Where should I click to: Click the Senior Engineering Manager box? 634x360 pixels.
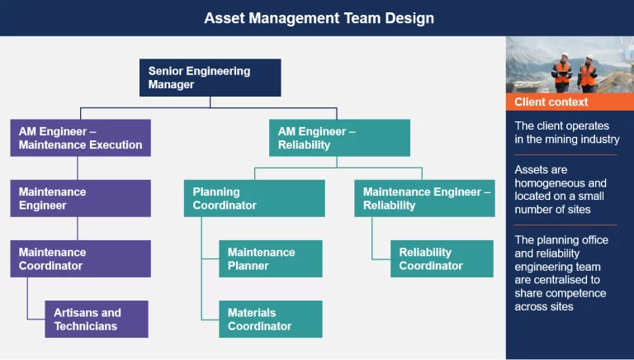pos(210,78)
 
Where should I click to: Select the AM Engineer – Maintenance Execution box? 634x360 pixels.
pos(80,138)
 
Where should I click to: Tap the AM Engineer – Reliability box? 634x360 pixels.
pos(339,138)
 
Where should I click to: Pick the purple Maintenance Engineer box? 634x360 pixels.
pos(80,198)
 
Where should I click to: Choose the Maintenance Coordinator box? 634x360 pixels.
pos(80,258)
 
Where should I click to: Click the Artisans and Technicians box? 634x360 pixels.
pos(97,319)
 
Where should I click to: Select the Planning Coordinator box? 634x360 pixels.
pos(253,198)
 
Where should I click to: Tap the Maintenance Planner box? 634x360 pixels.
pos(270,258)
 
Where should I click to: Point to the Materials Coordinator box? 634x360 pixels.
pos(270,319)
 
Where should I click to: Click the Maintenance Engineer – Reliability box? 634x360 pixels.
pos(427,198)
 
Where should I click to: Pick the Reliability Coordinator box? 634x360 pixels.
pos(442,258)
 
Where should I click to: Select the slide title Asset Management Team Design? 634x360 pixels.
pos(319,17)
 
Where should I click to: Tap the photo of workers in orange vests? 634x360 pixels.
pos(569,64)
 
